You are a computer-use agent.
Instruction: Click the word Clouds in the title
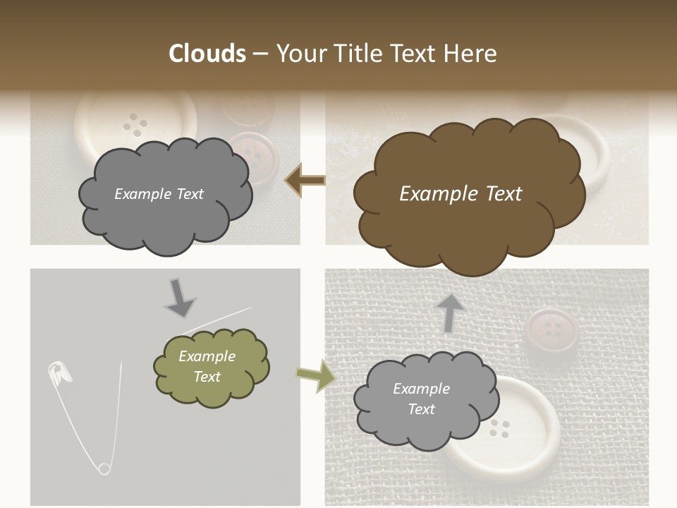tap(207, 54)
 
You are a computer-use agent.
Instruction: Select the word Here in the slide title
tap(471, 54)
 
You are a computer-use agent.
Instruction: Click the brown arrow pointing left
tap(305, 181)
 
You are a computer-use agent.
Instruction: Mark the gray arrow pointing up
tap(449, 312)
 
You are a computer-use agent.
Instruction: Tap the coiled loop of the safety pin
tap(104, 468)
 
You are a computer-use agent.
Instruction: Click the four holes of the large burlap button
tap(500, 427)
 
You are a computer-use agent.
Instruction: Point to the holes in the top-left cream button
tap(135, 126)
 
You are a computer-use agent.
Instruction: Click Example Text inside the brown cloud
tap(461, 194)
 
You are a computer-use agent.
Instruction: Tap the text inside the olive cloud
tap(207, 366)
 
